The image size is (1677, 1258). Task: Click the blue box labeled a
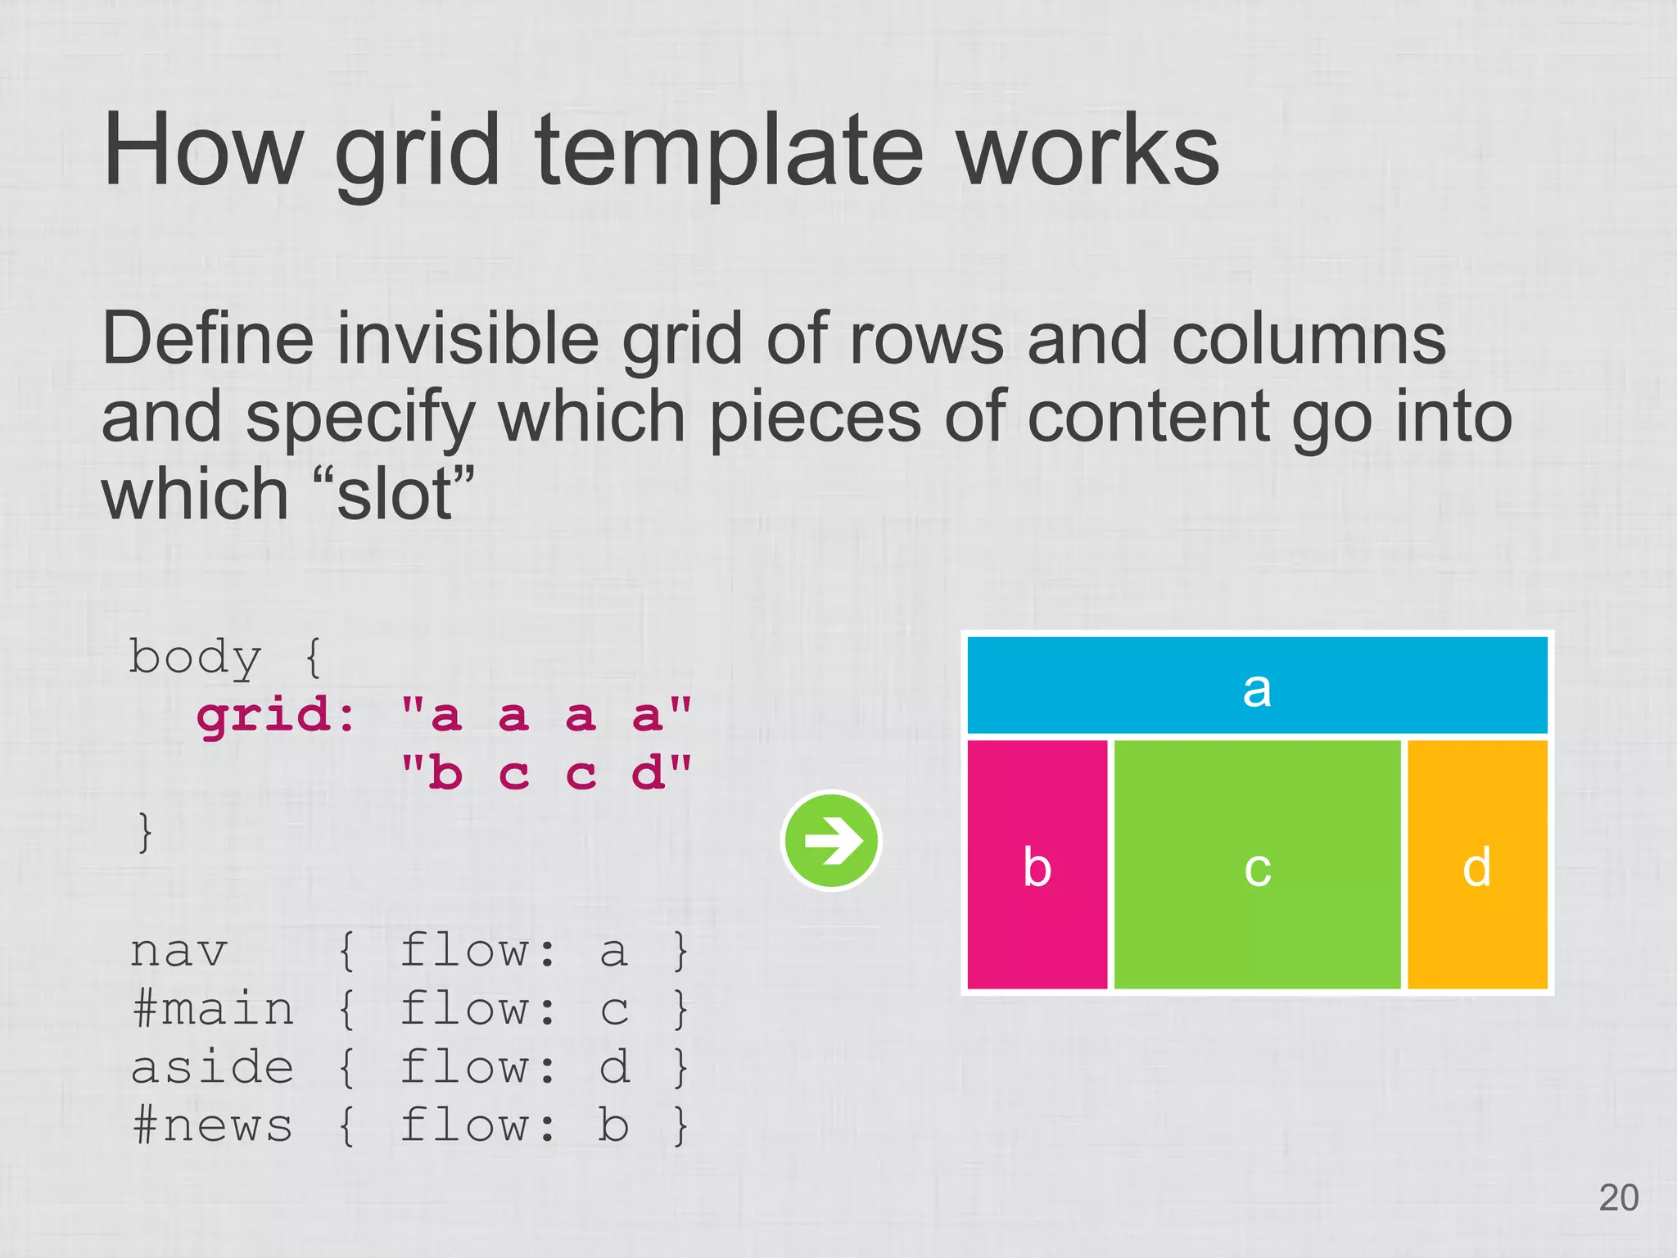pyautogui.click(x=1257, y=686)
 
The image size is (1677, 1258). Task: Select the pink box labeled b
pyautogui.click(x=1037, y=865)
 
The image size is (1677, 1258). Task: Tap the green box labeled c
pyautogui.click(x=1257, y=865)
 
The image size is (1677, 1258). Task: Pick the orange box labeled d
pyautogui.click(x=1477, y=865)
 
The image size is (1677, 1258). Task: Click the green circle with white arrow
pyautogui.click(x=831, y=840)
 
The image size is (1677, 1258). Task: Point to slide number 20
pyautogui.click(x=1618, y=1197)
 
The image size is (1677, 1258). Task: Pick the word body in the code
pyautogui.click(x=195, y=658)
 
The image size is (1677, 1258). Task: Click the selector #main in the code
pyautogui.click(x=212, y=1008)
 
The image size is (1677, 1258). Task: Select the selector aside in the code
pyautogui.click(x=212, y=1067)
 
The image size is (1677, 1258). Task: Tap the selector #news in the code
pyautogui.click(x=212, y=1125)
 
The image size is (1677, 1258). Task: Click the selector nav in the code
pyautogui.click(x=179, y=951)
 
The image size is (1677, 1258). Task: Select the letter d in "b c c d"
pyautogui.click(x=648, y=773)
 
